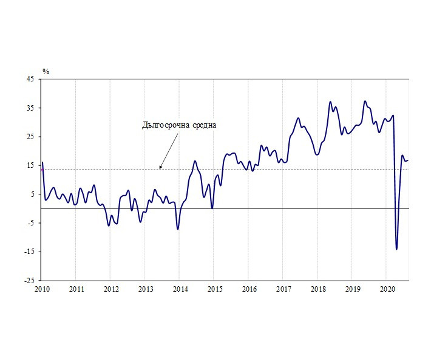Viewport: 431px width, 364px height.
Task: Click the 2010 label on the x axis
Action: point(41,289)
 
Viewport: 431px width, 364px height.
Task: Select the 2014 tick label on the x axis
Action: point(180,289)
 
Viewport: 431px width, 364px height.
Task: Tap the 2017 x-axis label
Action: point(283,289)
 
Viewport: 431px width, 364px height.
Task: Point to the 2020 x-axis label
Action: point(387,289)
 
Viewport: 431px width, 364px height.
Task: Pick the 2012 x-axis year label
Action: point(110,289)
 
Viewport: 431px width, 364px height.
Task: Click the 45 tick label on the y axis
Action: point(30,79)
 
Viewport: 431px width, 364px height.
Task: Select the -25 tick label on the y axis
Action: point(29,281)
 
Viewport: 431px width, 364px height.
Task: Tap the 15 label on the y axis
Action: point(30,165)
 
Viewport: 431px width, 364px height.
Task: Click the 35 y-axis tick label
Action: point(30,108)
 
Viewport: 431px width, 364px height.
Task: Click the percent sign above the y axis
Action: point(46,72)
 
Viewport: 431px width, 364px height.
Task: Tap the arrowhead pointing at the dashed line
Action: point(160,167)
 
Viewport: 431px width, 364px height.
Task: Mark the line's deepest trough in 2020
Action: point(396,249)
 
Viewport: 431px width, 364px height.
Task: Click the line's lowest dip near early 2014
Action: point(177,229)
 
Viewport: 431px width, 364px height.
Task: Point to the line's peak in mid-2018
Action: point(330,101)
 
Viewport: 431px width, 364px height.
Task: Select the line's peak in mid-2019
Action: point(365,101)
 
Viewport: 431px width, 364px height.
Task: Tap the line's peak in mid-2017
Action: point(298,118)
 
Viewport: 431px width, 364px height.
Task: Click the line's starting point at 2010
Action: point(42,162)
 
